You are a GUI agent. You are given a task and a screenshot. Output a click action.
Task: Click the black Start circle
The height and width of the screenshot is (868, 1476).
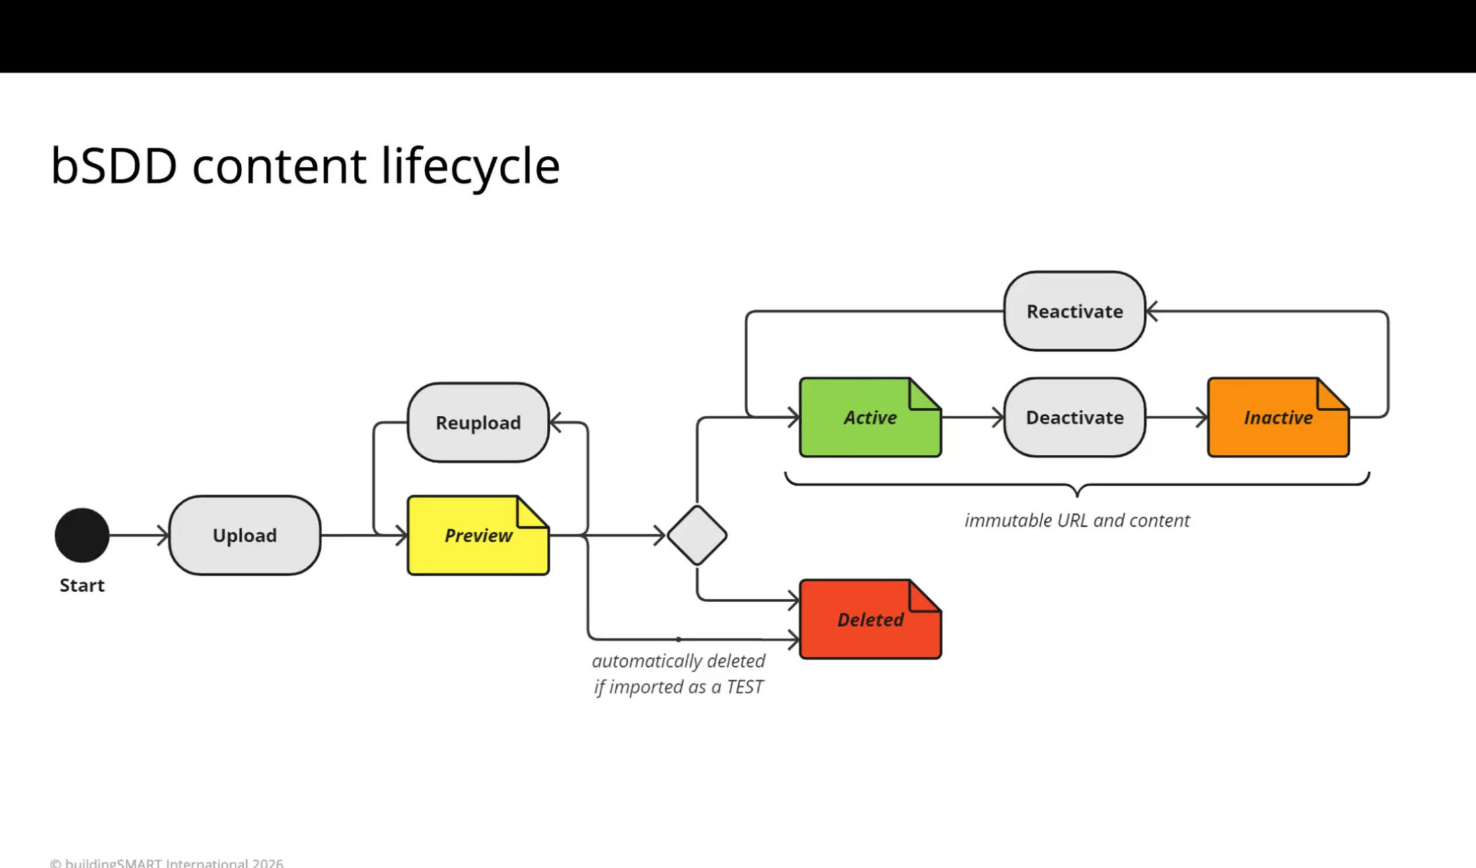82,535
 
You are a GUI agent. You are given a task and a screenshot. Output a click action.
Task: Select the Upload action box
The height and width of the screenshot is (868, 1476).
245,535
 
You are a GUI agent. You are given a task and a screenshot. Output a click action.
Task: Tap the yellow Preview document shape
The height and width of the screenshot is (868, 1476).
478,535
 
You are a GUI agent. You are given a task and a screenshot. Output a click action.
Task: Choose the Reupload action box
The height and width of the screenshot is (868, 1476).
478,423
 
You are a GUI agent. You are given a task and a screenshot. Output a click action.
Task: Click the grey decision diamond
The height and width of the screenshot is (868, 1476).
697,535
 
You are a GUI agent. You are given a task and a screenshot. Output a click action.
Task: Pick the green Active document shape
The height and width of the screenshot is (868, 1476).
871,417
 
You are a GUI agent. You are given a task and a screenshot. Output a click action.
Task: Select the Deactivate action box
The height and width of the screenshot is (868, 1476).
1074,417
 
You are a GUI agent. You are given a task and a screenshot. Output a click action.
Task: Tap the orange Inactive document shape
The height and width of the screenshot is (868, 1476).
1278,417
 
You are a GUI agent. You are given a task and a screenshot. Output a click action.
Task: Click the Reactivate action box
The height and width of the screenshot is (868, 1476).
1074,311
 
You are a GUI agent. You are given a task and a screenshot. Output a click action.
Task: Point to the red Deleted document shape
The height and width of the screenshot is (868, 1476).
871,619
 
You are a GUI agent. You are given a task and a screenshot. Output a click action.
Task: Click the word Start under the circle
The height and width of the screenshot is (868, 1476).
82,585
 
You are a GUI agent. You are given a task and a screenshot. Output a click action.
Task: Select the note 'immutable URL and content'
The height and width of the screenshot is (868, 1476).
1077,520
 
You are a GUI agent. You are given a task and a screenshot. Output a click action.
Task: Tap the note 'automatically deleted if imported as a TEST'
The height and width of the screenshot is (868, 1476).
679,674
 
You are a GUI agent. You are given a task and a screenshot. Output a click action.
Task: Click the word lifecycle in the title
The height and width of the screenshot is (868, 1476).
470,166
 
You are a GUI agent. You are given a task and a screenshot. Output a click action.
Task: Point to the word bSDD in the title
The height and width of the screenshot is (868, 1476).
114,166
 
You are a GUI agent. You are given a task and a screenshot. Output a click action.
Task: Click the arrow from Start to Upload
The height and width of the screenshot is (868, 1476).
139,535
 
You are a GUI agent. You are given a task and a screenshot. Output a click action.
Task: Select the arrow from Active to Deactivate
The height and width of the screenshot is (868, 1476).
973,417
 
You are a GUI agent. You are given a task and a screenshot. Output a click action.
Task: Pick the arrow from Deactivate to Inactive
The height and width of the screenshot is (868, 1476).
1177,417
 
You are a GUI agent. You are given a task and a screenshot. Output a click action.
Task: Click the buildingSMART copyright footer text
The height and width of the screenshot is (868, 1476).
167,863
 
